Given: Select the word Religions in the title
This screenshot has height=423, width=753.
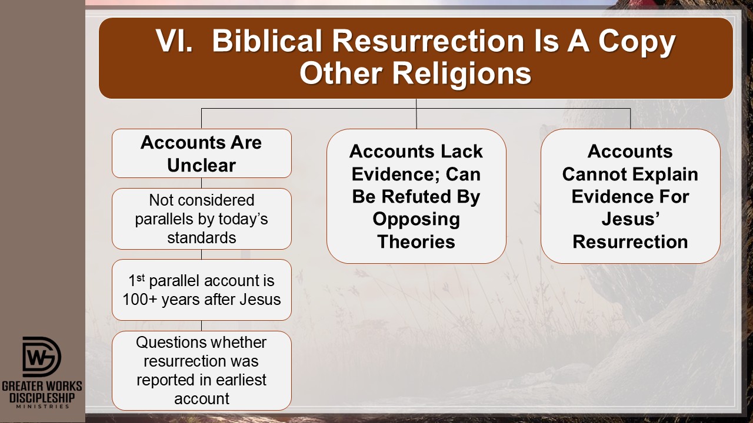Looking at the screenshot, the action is [x=462, y=75].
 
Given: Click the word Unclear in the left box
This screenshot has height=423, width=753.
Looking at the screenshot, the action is [x=201, y=165].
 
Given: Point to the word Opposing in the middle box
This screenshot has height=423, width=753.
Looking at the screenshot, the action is [x=416, y=220].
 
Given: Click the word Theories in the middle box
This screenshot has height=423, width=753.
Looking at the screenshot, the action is [x=416, y=241].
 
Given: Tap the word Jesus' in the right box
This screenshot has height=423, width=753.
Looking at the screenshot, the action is [x=630, y=219].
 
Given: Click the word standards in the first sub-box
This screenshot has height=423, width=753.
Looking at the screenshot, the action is [x=202, y=238].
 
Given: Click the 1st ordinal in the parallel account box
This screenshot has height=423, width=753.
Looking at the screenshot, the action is [x=136, y=280].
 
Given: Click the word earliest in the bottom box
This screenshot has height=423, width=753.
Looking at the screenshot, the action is [x=241, y=380].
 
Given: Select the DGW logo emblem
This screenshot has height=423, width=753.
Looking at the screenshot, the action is [x=42, y=357].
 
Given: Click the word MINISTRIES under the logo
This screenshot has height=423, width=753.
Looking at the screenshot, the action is [x=42, y=407].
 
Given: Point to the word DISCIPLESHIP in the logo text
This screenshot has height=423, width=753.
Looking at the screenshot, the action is [x=42, y=398].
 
